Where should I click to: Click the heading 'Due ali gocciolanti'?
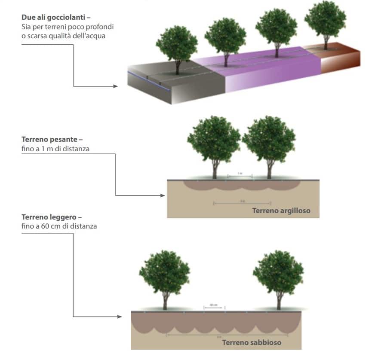click(56, 18)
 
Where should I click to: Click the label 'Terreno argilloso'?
click(281, 211)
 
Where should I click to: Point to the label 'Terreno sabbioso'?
click(252, 342)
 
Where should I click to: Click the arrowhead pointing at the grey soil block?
click(115, 86)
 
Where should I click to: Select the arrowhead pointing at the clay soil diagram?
click(163, 196)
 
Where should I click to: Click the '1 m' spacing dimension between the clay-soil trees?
click(240, 174)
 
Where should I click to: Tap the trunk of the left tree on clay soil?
click(215, 170)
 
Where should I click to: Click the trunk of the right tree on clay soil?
click(269, 170)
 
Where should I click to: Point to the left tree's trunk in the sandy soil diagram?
click(165, 301)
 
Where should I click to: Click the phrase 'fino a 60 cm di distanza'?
click(59, 226)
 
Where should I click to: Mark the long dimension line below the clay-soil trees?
click(242, 202)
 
